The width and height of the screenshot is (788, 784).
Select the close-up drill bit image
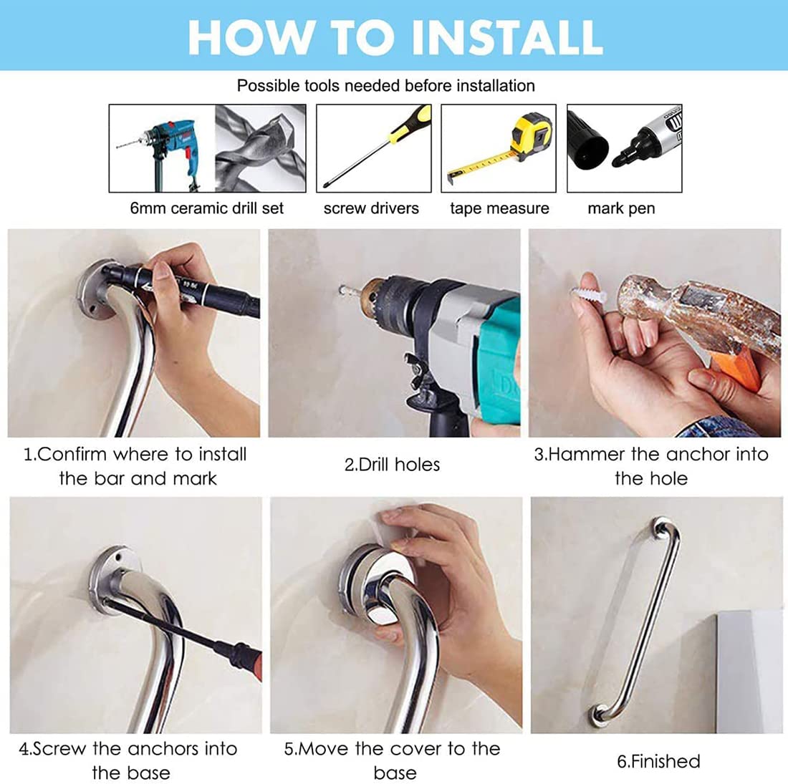(x=260, y=148)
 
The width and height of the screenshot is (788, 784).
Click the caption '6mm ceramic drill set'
(x=206, y=208)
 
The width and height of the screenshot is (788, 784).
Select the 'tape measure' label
(x=499, y=208)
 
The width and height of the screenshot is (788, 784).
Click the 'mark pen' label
(x=621, y=208)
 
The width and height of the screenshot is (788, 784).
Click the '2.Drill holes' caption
(x=392, y=465)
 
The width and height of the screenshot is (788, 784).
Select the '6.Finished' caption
(x=658, y=761)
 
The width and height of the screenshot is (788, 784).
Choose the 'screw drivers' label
(x=371, y=208)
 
